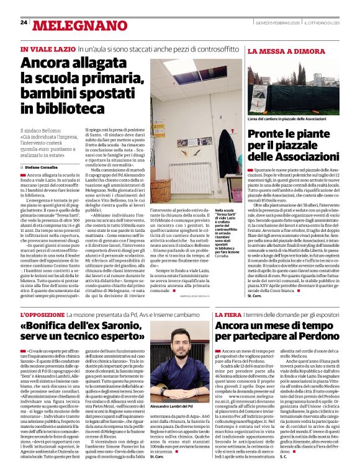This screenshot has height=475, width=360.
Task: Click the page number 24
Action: tap(24, 23)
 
